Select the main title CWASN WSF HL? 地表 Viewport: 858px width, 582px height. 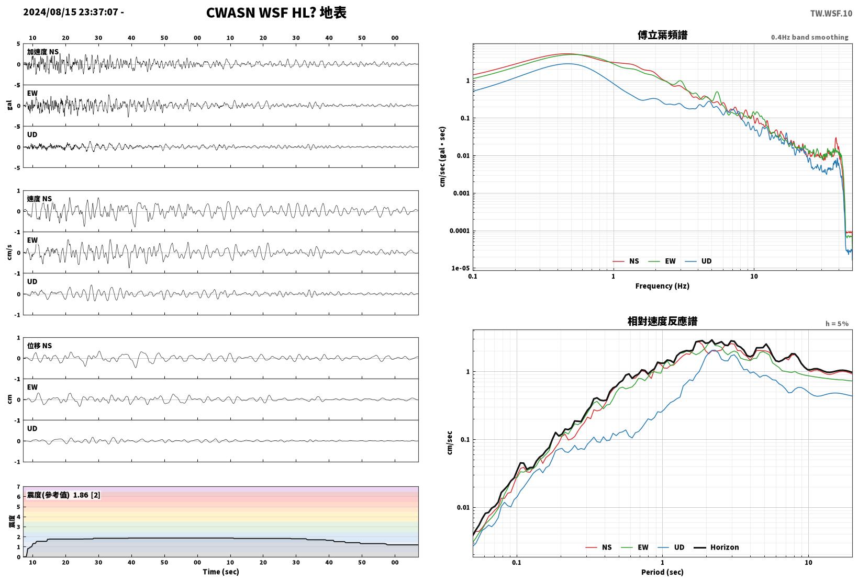(276, 13)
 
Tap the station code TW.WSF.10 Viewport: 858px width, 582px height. (831, 14)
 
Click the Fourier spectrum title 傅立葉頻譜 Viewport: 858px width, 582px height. (662, 35)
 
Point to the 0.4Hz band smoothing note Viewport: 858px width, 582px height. (809, 37)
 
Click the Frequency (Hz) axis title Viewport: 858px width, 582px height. (662, 286)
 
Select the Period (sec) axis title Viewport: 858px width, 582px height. (662, 572)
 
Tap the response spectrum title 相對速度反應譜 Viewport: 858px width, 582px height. (662, 322)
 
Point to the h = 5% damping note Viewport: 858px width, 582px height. (837, 324)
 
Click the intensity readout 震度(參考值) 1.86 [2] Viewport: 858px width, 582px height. (63, 495)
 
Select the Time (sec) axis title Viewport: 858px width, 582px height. (220, 572)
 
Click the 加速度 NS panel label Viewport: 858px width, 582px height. (43, 52)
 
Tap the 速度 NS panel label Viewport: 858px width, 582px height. (39, 199)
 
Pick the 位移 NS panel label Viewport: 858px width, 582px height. (39, 346)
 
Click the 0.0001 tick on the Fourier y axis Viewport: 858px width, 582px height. (459, 231)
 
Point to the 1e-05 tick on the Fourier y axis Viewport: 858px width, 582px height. (460, 268)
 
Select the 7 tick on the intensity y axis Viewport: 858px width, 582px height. (18, 487)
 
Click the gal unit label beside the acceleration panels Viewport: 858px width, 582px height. (9, 105)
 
